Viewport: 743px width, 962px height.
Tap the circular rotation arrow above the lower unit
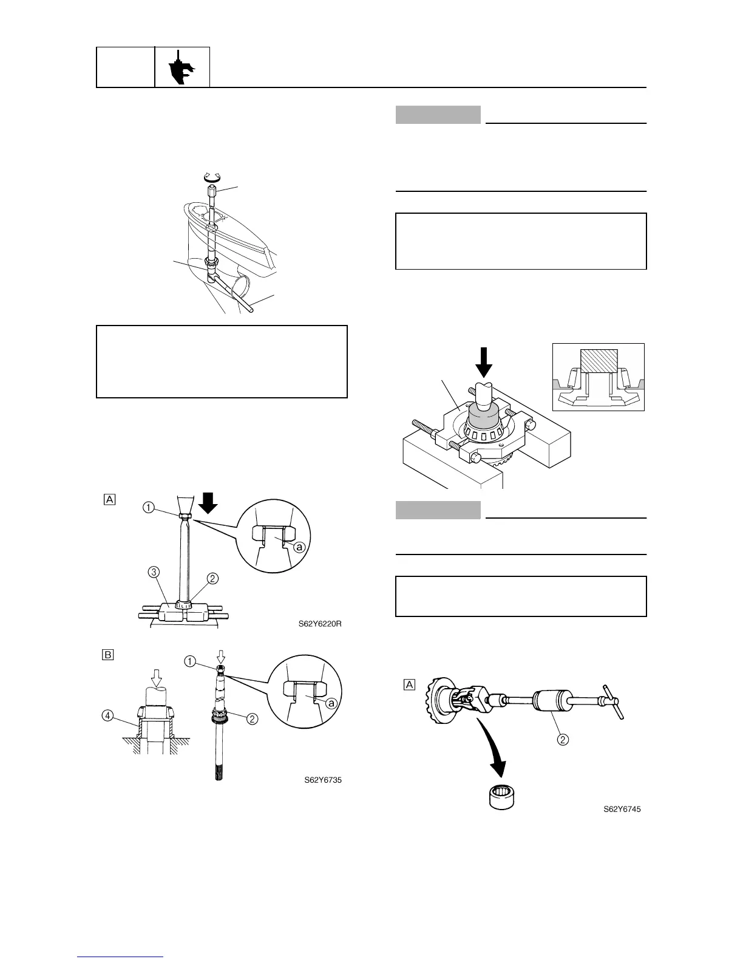(212, 178)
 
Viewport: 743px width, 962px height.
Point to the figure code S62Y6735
(323, 780)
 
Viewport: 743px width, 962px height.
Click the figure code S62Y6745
(622, 809)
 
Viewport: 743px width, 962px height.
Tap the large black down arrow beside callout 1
(208, 503)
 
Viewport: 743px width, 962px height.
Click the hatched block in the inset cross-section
(599, 361)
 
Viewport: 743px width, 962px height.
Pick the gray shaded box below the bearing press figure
(438, 510)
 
